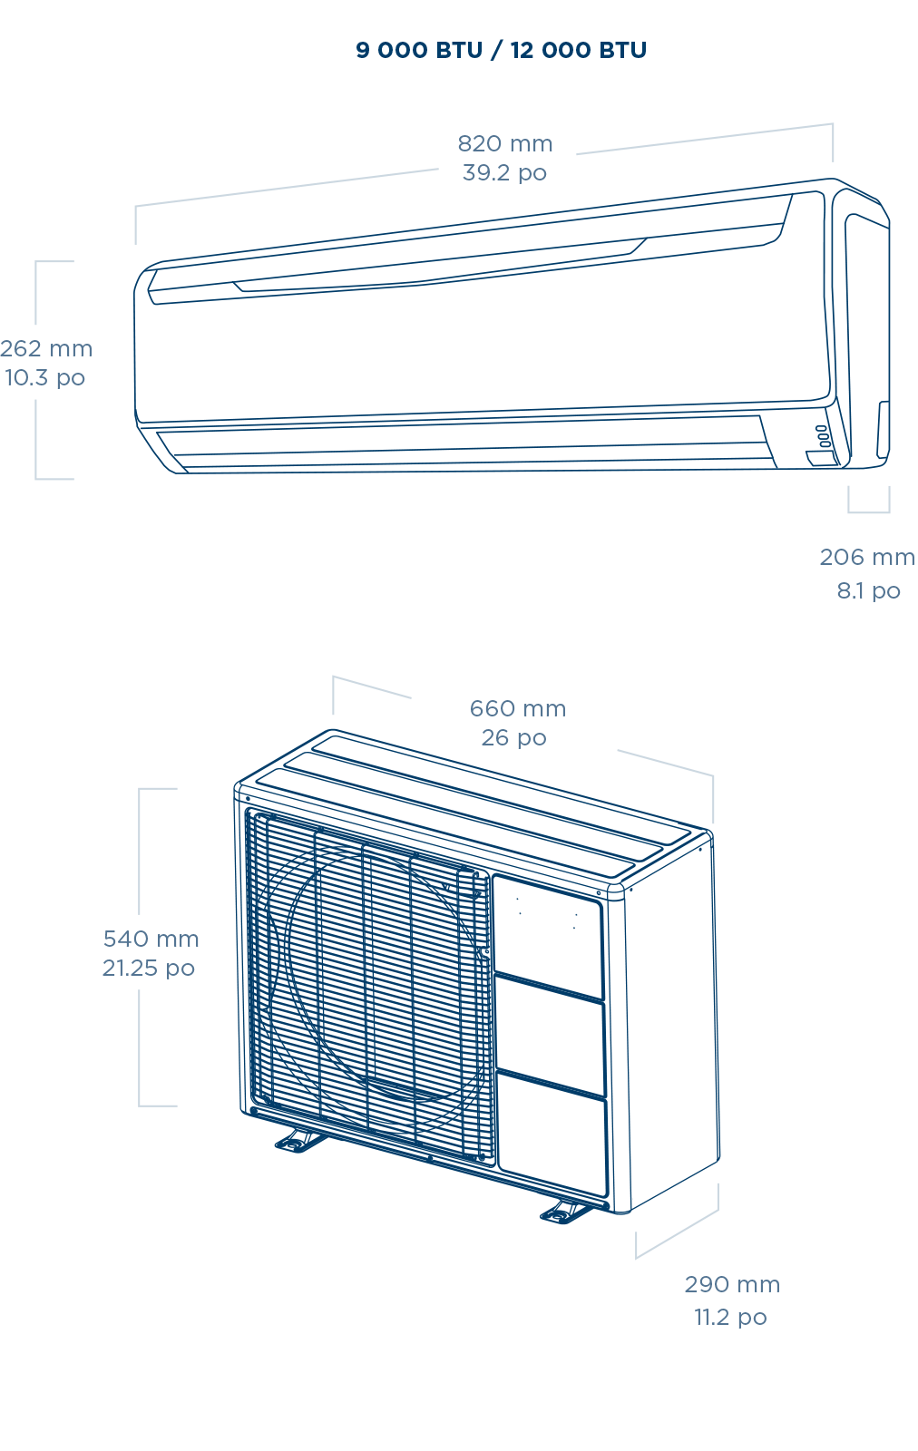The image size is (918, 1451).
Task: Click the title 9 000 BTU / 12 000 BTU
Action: click(x=501, y=50)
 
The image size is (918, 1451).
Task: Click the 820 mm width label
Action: click(x=504, y=143)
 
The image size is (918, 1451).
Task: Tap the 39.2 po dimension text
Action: click(x=504, y=172)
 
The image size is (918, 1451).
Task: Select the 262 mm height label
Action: click(x=46, y=348)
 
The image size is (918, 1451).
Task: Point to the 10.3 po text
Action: click(x=44, y=377)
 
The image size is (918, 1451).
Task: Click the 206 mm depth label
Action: click(x=866, y=557)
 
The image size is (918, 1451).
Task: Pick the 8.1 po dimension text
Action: click(x=868, y=590)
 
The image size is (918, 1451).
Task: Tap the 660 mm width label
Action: click(x=517, y=708)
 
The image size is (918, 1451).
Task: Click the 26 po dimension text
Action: click(x=513, y=737)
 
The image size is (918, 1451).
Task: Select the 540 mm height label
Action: click(x=151, y=939)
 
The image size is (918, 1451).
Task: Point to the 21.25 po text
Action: click(x=148, y=968)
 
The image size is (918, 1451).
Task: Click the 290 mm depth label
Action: click(x=731, y=1284)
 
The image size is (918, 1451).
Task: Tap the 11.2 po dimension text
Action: click(x=730, y=1317)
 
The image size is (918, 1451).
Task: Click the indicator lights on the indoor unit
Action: click(x=822, y=436)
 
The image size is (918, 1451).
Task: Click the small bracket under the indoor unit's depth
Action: click(x=868, y=502)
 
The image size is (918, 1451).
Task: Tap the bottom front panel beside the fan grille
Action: click(x=553, y=1134)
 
